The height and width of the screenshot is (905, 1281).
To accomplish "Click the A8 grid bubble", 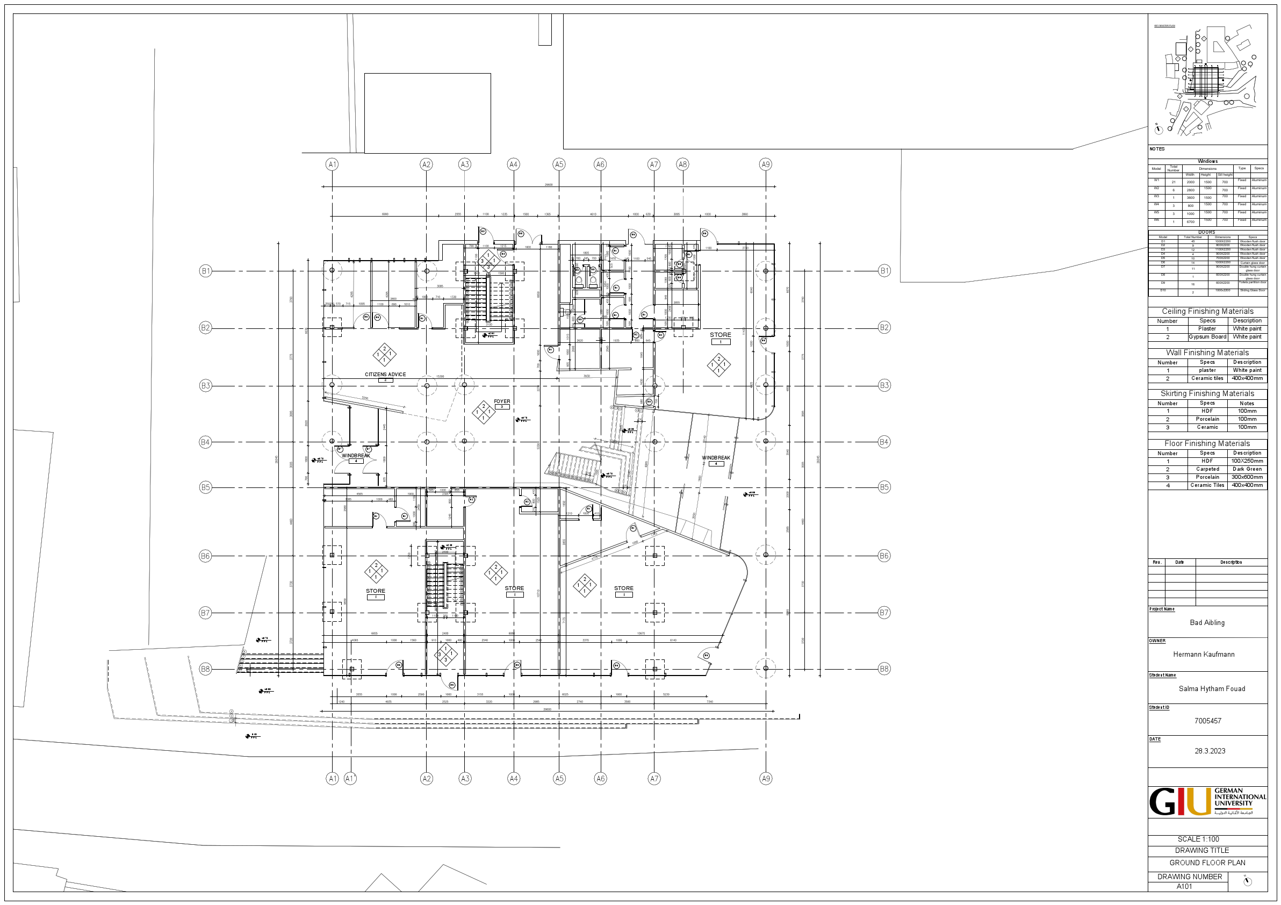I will [x=682, y=164].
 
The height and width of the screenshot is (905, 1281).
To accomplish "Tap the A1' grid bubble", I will [x=350, y=778].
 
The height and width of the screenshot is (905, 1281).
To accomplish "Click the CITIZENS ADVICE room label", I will [x=385, y=375].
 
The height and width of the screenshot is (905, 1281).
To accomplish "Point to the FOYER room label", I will [x=501, y=401].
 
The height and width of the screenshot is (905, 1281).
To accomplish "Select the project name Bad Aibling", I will [x=1207, y=623].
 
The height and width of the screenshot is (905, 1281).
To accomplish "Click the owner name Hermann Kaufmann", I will [x=1204, y=655].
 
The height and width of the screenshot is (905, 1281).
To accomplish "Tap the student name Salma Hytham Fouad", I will [x=1211, y=689].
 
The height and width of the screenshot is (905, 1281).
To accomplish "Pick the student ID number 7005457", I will [x=1207, y=721].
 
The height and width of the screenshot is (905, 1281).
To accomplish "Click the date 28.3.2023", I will [x=1210, y=751].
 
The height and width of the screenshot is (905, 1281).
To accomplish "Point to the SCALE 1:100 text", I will [x=1198, y=839].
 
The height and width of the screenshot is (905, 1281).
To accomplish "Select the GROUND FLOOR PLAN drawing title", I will [x=1207, y=863].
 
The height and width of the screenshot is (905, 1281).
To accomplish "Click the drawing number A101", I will [x=1184, y=887].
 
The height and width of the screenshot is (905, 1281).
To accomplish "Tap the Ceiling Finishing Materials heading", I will [x=1207, y=311].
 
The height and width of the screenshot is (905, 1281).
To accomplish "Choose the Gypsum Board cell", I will [x=1207, y=337].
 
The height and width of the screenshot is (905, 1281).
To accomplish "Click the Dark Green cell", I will [x=1247, y=469].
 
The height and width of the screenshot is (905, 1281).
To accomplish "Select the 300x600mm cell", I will [x=1247, y=477].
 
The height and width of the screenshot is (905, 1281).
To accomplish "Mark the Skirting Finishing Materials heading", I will [x=1207, y=393].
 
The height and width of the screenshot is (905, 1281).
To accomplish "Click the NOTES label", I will [x=1156, y=149].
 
